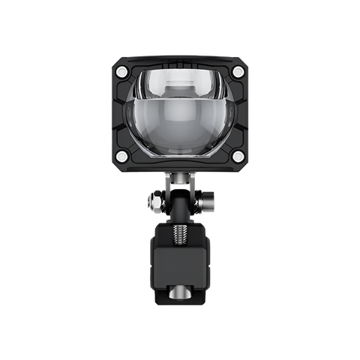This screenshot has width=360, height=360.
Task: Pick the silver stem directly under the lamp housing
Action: click(180, 178)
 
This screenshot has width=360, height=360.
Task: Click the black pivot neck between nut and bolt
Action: click(179, 201)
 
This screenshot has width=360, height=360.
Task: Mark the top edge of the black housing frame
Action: click(180, 58)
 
